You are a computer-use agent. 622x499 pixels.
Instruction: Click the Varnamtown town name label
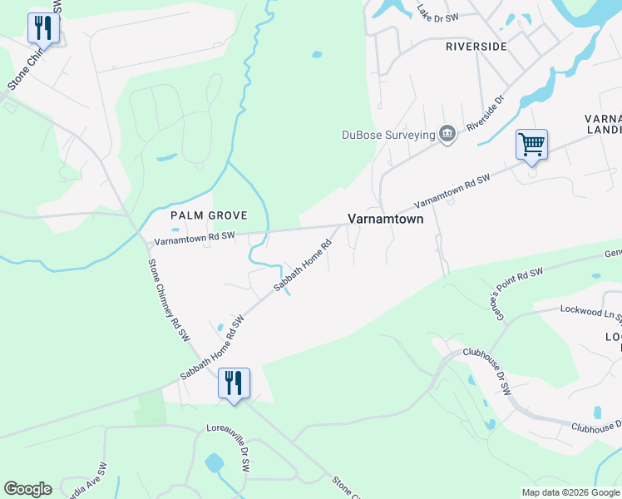385,220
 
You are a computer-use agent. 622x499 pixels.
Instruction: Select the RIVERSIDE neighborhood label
476,47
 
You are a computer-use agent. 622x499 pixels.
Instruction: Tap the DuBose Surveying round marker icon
447,135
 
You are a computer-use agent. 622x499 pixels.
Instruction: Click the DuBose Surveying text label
389,135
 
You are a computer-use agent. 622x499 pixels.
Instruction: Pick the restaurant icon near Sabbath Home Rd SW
234,383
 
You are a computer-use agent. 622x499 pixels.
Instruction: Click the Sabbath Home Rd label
304,266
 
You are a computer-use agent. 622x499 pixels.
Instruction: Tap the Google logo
27,489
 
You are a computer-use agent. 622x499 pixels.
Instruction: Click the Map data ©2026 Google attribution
570,492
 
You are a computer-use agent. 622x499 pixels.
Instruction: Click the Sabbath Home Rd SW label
213,348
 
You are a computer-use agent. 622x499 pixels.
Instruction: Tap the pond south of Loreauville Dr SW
215,462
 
